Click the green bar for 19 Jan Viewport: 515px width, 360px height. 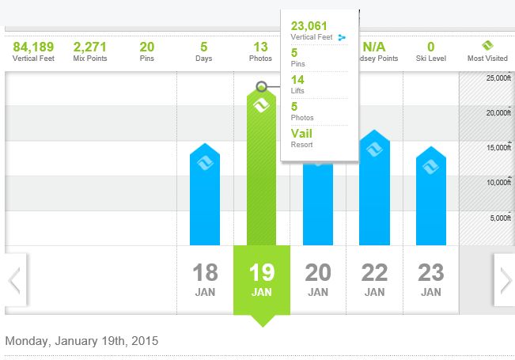pos(262,174)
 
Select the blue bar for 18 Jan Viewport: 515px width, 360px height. pos(205,198)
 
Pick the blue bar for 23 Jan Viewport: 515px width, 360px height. pos(431,198)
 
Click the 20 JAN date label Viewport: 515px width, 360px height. pos(318,279)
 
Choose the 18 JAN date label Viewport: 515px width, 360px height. pos(205,279)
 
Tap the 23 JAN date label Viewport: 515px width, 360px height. pos(431,279)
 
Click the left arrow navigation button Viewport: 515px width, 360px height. pos(14,279)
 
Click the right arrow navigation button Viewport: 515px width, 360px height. pos(504,279)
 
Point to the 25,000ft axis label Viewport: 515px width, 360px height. pos(498,78)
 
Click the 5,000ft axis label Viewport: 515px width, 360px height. pos(501,218)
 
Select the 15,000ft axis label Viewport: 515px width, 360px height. pos(498,148)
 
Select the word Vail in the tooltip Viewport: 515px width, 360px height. pos(301,134)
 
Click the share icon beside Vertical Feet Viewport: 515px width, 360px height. pos(342,37)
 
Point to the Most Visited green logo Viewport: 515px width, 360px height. pos(488,46)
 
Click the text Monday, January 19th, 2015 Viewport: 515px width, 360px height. pos(81,341)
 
